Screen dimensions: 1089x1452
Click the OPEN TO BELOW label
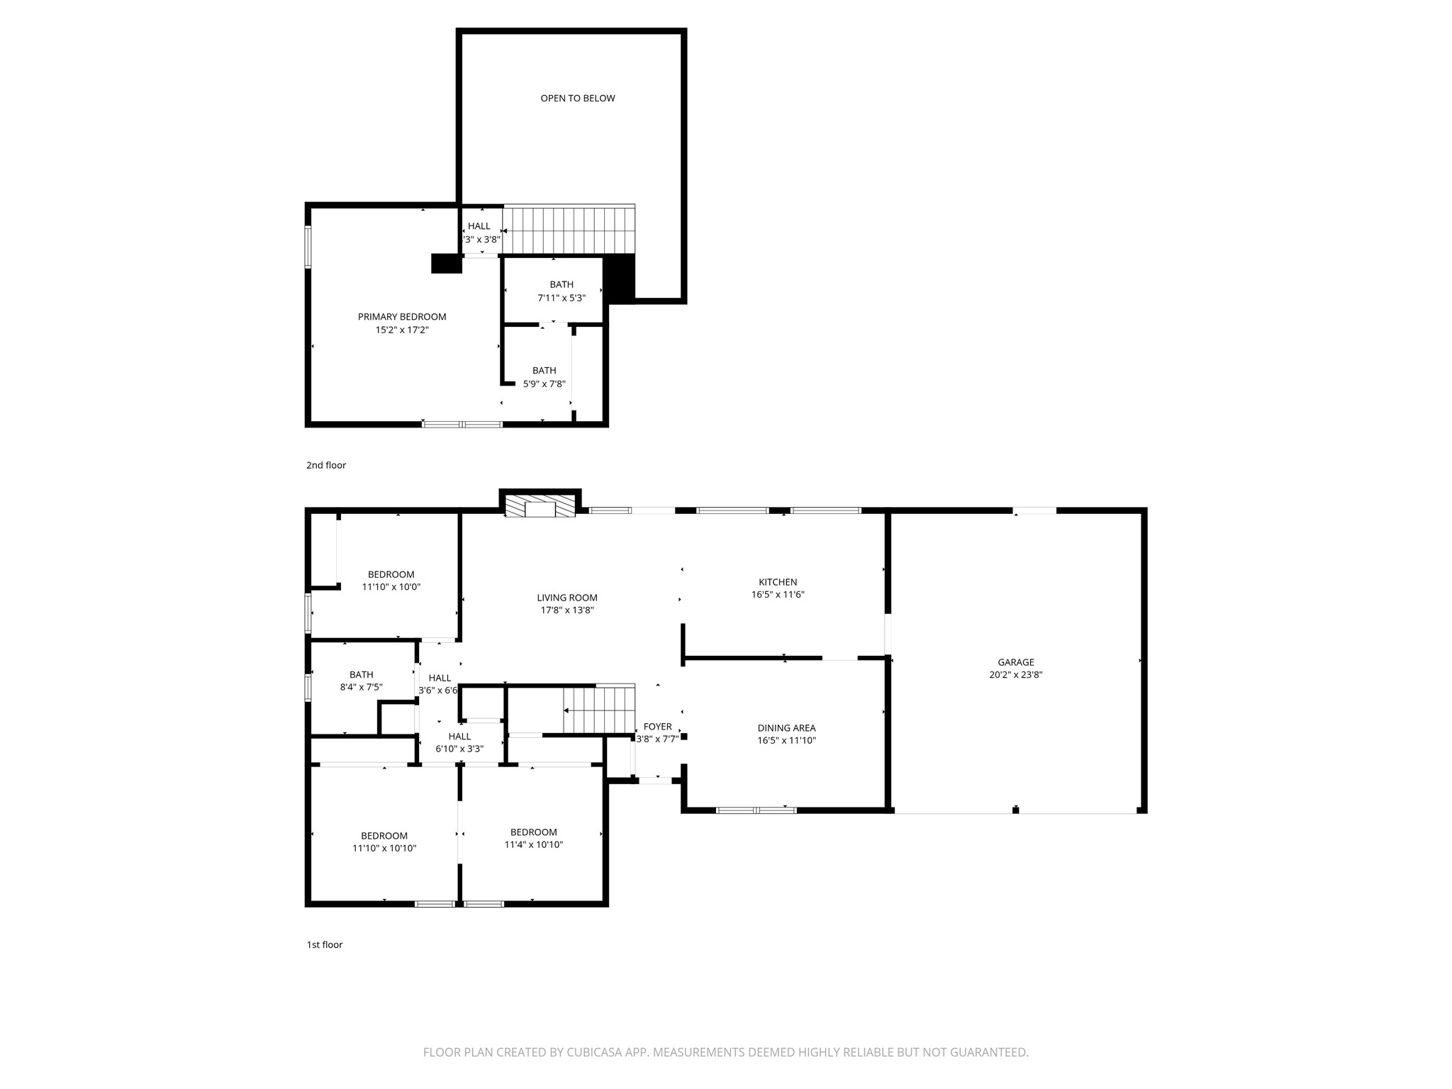pos(577,99)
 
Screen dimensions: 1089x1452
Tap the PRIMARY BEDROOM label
pos(401,317)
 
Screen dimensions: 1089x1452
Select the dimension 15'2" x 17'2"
pos(401,330)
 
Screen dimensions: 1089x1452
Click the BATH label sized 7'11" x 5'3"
pos(561,284)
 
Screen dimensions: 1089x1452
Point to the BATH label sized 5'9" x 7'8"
pos(544,371)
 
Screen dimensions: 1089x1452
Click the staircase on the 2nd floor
pos(569,229)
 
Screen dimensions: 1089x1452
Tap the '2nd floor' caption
pos(325,465)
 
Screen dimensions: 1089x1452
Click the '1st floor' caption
pos(324,944)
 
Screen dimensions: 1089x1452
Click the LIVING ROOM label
pos(566,598)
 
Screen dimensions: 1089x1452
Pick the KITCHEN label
pos(778,582)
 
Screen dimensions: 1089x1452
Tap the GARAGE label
pos(1015,662)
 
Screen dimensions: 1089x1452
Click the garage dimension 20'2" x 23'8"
pos(1015,675)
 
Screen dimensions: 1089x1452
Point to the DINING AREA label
pos(786,728)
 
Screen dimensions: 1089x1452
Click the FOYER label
pos(657,727)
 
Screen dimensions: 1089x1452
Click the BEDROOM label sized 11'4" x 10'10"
pos(533,832)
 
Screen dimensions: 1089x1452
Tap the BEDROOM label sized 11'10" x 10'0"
pos(391,574)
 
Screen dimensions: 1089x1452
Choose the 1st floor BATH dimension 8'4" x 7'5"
pos(361,687)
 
